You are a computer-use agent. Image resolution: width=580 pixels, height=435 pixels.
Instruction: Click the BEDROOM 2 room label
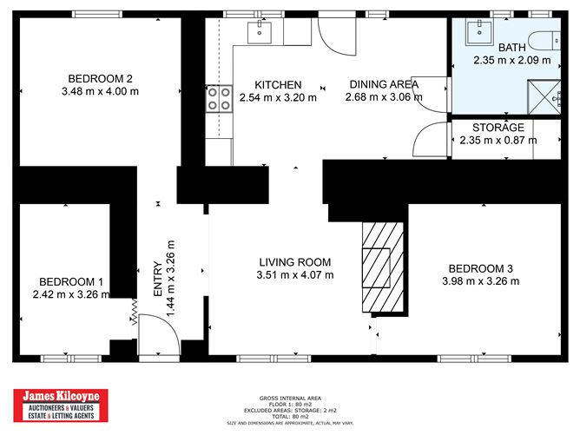pyautogui.click(x=101, y=76)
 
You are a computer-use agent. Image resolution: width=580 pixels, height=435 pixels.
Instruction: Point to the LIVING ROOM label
pyautogui.click(x=296, y=261)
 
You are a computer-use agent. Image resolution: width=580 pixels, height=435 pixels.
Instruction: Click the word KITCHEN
pyautogui.click(x=277, y=83)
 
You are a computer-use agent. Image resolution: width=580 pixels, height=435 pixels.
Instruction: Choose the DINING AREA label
pyautogui.click(x=384, y=83)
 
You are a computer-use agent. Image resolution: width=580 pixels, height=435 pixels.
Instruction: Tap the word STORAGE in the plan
pyautogui.click(x=498, y=128)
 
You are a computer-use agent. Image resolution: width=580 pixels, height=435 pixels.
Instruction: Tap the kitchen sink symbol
pyautogui.click(x=260, y=32)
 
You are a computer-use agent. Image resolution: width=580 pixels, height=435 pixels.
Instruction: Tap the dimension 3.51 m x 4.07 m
pyautogui.click(x=296, y=274)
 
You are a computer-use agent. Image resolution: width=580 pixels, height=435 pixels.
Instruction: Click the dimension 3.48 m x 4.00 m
pyautogui.click(x=101, y=89)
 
